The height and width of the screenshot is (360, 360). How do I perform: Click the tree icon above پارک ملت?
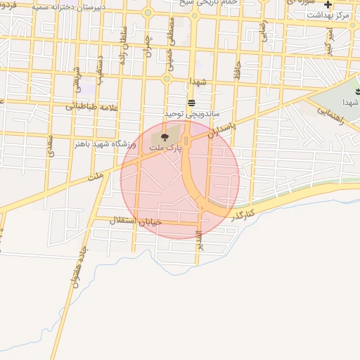point(165,136)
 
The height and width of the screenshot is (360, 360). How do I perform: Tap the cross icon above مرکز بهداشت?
point(328,5)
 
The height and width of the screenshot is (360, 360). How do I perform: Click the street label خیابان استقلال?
point(136,222)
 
